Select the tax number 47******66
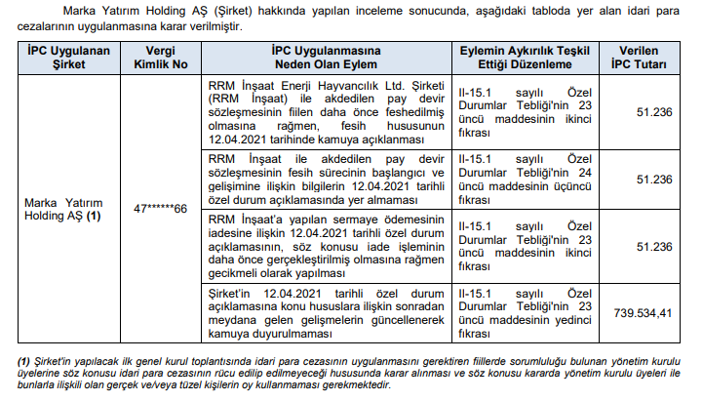coord(161,208)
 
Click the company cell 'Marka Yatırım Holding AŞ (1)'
coord(63,208)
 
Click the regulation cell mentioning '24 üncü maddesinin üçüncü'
coord(528,180)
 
